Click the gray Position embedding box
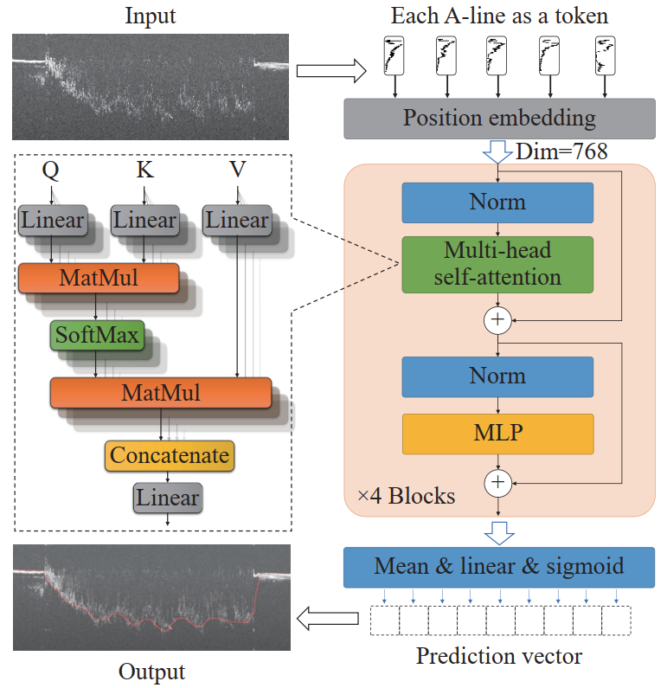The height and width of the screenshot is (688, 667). [x=499, y=119]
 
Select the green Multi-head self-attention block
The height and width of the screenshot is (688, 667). [x=497, y=265]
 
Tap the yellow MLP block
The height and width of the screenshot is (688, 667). [x=497, y=434]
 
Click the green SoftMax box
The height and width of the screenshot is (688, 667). [x=97, y=335]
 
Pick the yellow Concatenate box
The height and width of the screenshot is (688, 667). [x=170, y=456]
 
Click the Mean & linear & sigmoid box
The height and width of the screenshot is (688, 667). [x=499, y=567]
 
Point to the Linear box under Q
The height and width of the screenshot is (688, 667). [x=53, y=221]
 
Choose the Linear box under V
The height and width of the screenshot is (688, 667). [x=237, y=221]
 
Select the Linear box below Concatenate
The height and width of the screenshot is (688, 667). [x=168, y=498]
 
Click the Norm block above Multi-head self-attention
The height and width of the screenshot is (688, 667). [x=497, y=203]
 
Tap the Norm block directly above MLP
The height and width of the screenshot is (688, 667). [x=497, y=377]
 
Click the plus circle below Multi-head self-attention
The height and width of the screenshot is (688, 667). [x=497, y=320]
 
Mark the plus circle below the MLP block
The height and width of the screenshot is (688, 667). [x=497, y=483]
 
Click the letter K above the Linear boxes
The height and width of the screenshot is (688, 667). [x=144, y=170]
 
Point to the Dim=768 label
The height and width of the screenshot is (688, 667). [x=561, y=151]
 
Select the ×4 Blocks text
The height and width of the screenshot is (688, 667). [x=406, y=496]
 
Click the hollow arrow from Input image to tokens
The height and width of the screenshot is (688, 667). [x=331, y=71]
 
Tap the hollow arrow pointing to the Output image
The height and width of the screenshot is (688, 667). [x=328, y=618]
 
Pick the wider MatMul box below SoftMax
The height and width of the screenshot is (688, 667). [x=161, y=393]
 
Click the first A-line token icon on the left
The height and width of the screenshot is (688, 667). [x=394, y=55]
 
